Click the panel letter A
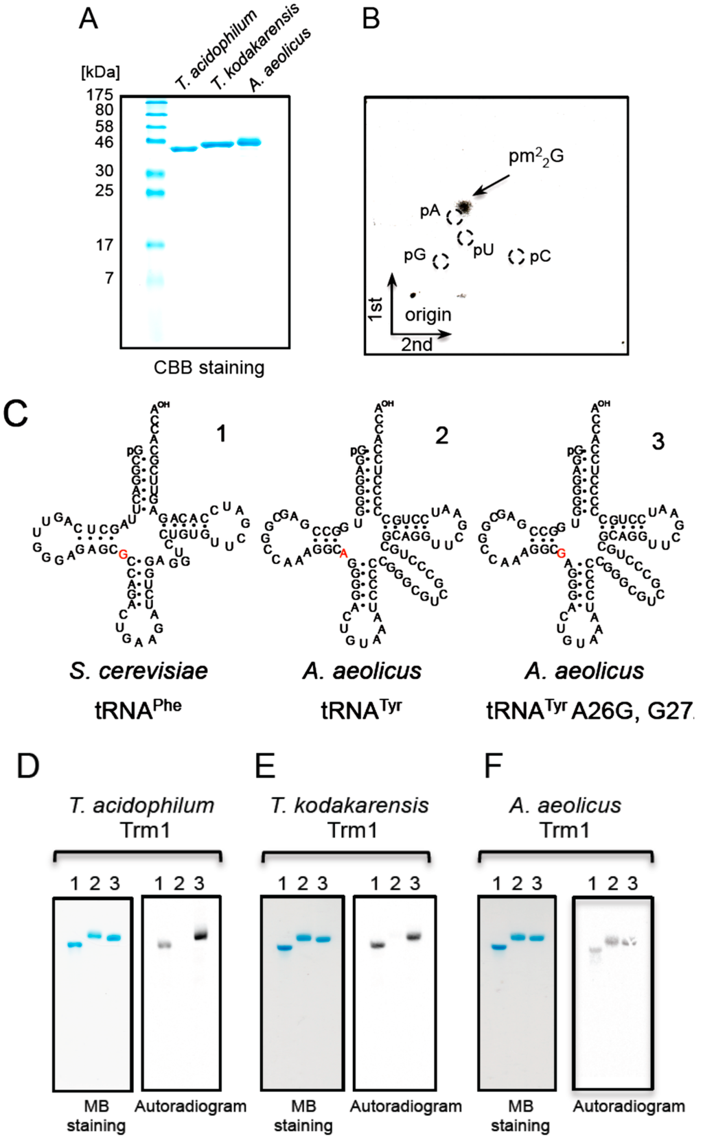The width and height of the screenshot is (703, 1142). pos(89,19)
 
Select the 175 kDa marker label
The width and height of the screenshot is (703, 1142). pos(100,95)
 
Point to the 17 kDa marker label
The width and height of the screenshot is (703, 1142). pos(104,245)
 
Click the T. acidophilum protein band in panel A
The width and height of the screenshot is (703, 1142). pos(183,149)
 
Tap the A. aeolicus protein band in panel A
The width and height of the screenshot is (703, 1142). pos(249,142)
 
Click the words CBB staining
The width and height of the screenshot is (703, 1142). pos(209,368)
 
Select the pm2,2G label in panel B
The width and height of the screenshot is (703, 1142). pos(535,157)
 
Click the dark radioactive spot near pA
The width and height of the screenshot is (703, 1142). pos(464,205)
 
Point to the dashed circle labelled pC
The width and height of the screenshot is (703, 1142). pos(516,257)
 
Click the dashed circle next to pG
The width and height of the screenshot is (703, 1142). pos(441,261)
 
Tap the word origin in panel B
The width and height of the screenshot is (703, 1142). pos(428,315)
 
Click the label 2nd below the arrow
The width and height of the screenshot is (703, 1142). pos(417,344)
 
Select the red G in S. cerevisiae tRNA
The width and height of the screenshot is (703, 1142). pos(123,554)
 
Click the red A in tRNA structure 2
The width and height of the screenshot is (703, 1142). pos(344,554)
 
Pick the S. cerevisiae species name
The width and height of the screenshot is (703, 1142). pos(139,670)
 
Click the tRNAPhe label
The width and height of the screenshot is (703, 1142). pos(138,709)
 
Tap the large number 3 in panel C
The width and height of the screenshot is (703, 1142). pos(658,441)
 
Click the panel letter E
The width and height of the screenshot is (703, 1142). pos(265,765)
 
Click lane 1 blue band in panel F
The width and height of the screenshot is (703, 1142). pos(498,947)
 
